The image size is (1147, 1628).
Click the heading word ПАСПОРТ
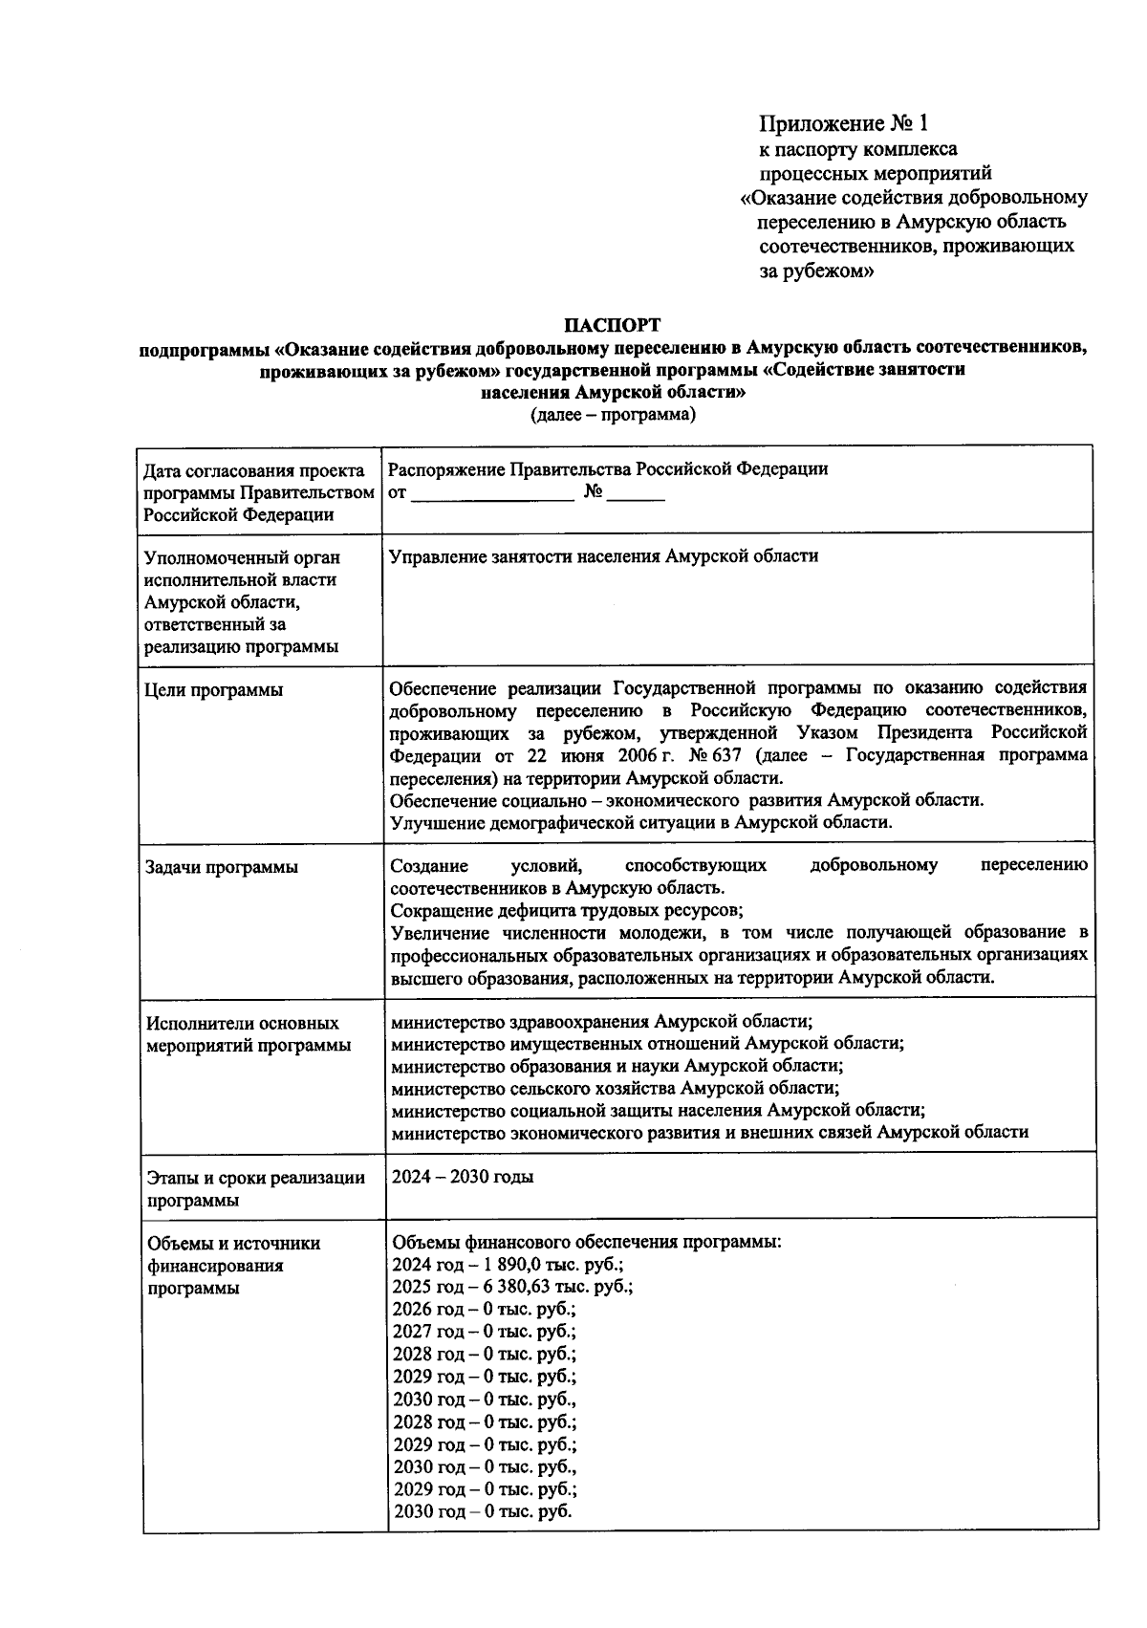[x=612, y=326]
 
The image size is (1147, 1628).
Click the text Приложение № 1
[x=843, y=123]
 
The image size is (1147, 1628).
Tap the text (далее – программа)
[x=613, y=415]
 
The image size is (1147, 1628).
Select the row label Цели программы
[x=213, y=690]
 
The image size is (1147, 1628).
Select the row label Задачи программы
[x=221, y=867]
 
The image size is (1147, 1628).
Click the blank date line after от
[x=493, y=496]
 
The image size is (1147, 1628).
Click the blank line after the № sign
[x=636, y=496]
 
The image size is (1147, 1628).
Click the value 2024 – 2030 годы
[x=463, y=1177]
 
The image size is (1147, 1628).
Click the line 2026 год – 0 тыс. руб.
[x=484, y=1310]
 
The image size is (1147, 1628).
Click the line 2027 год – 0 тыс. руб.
[x=484, y=1332]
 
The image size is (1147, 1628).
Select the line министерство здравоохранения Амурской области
[x=602, y=1022]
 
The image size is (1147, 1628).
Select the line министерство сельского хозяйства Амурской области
[x=616, y=1089]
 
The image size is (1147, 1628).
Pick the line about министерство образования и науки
[x=617, y=1066]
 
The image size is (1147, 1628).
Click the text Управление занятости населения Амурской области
[x=604, y=556]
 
